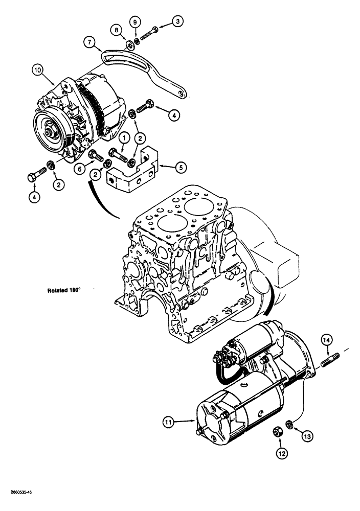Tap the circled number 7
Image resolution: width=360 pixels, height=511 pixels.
(x=91, y=43)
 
